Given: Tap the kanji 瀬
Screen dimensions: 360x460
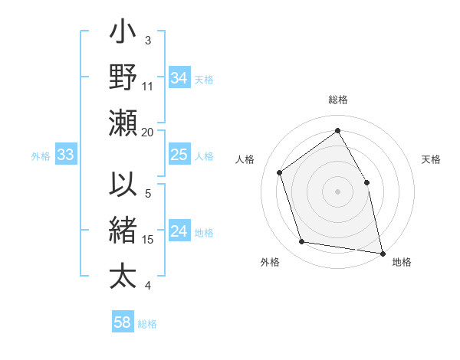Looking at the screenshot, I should tap(123, 123).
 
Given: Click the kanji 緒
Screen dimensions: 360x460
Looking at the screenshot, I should tap(123, 230).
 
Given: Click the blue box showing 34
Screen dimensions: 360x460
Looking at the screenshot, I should tap(179, 78).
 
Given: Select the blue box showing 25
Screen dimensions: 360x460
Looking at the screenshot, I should tap(179, 155).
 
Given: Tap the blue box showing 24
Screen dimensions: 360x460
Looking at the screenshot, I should tap(179, 232).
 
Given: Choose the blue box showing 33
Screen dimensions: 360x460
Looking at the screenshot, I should tap(65, 155).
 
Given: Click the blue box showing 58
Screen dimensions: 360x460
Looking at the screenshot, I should tap(122, 322).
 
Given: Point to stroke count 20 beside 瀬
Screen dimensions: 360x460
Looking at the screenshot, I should tap(148, 132).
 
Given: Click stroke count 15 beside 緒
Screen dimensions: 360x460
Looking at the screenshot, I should tap(148, 239).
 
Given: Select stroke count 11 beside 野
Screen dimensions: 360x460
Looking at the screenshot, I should tap(148, 86).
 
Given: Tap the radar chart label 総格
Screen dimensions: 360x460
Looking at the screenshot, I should tap(337, 100).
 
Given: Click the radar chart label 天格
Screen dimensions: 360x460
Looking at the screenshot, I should tap(431, 159).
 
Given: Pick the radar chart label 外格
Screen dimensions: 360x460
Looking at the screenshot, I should tap(270, 262).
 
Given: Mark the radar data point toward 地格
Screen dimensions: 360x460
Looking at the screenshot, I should tap(382, 252).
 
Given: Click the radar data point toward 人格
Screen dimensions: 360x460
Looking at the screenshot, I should tap(280, 172).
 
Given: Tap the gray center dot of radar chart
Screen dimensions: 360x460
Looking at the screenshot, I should tap(337, 191).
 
